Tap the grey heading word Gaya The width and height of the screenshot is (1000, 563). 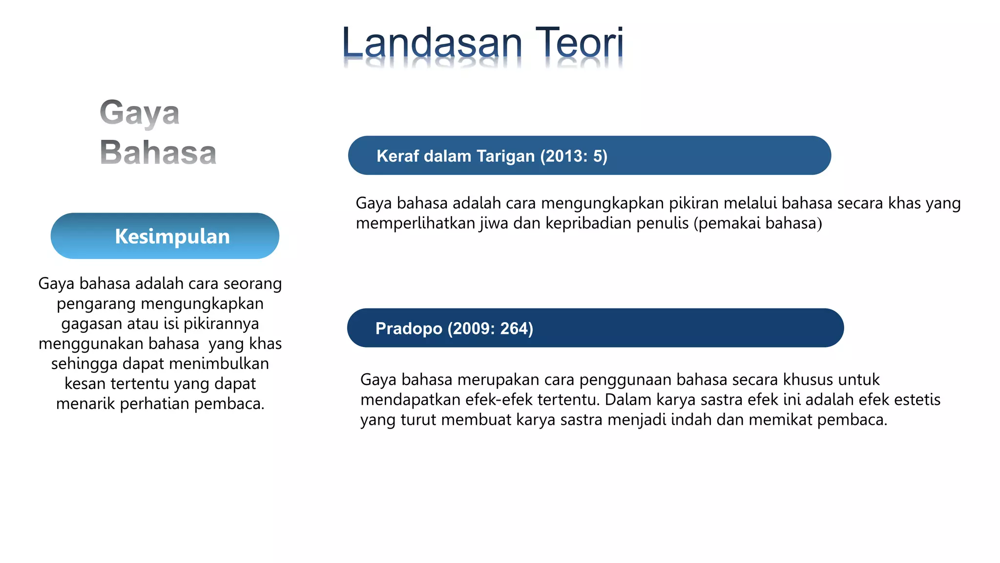(x=140, y=113)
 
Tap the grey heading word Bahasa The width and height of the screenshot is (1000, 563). (x=158, y=152)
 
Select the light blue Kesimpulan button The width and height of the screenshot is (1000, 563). (x=165, y=236)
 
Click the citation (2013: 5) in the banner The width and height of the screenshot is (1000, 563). (x=574, y=156)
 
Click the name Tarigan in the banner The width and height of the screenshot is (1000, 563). (x=506, y=156)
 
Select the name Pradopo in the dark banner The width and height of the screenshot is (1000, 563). (x=409, y=328)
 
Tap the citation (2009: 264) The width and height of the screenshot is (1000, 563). (x=490, y=328)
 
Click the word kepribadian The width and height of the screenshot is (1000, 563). (x=581, y=223)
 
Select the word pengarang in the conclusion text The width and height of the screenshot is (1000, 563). (x=97, y=304)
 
